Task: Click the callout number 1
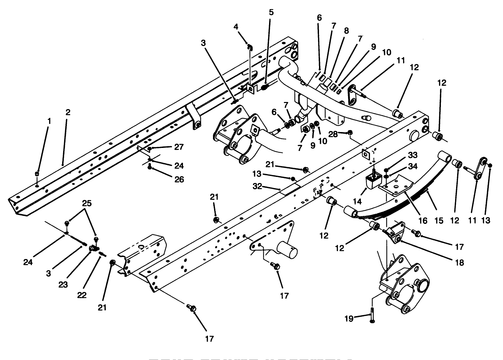(49, 120)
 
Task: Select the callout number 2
(68, 112)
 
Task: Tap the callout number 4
(236, 26)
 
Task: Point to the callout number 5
(271, 12)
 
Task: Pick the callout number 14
(357, 202)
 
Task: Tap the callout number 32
(257, 186)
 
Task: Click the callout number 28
(333, 134)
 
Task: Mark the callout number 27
(179, 147)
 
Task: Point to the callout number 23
(63, 285)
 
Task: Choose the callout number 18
(459, 262)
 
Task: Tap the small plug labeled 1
(37, 174)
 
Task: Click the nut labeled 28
(350, 132)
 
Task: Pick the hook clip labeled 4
(249, 47)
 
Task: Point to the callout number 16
(423, 221)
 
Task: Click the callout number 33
(412, 155)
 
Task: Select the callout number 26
(179, 179)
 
